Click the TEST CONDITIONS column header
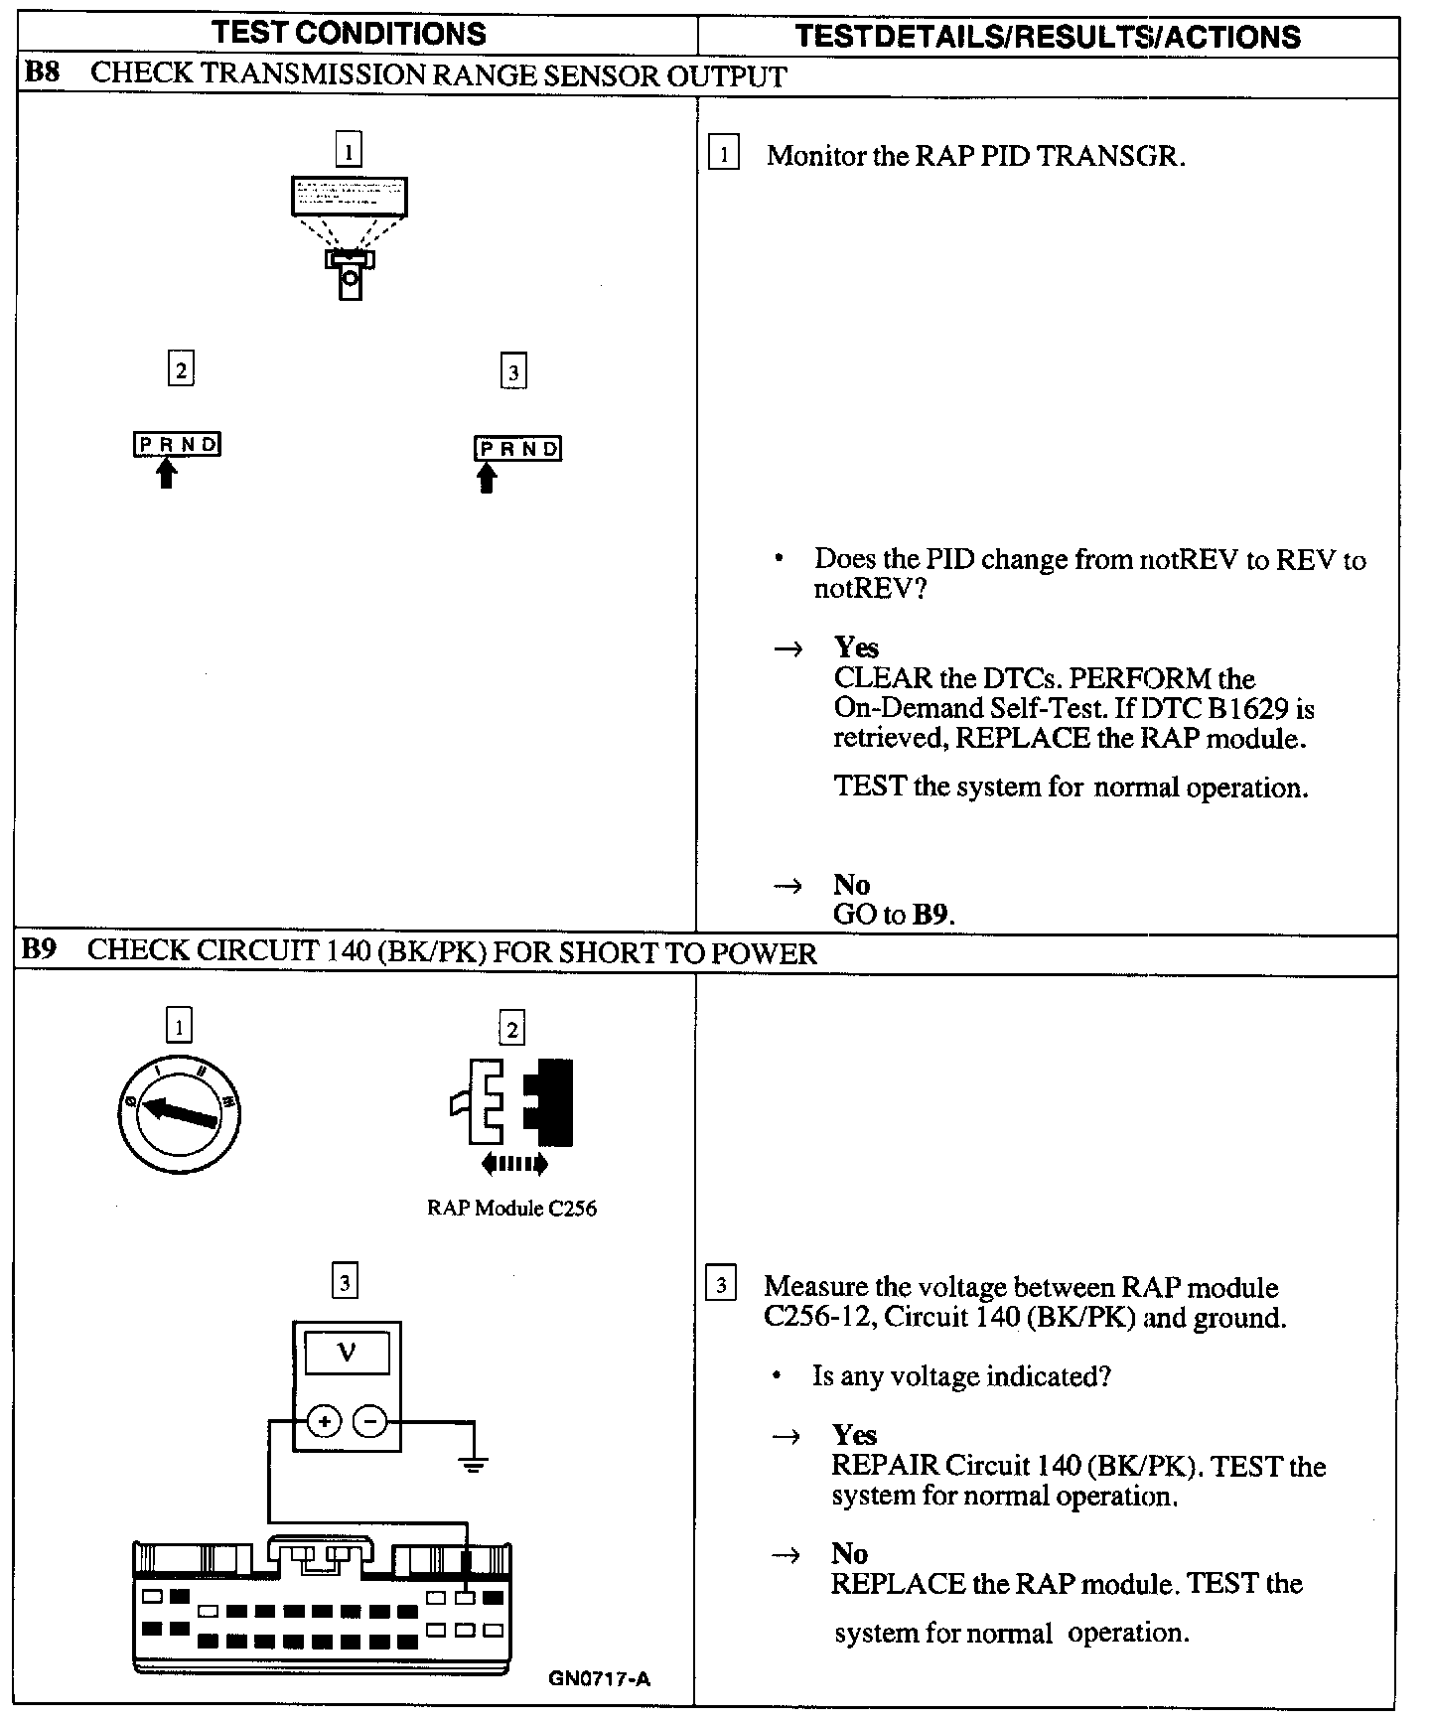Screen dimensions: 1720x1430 point(350,34)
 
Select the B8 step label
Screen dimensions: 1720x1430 point(41,74)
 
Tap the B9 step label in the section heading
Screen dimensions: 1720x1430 point(39,950)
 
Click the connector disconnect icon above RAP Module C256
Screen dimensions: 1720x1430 point(512,1104)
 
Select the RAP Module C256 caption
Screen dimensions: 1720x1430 point(511,1209)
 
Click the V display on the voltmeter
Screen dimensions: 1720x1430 point(347,1352)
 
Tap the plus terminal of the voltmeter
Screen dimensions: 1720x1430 point(324,1422)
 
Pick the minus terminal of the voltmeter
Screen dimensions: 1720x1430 point(369,1422)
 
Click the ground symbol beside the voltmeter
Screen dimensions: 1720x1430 point(475,1462)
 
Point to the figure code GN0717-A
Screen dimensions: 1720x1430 point(599,1679)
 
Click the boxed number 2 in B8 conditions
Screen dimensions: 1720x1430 point(180,369)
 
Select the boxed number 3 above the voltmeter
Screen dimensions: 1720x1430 point(345,1282)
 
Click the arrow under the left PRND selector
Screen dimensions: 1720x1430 point(167,474)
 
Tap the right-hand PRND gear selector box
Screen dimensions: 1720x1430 point(517,449)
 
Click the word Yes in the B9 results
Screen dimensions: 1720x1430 point(854,1435)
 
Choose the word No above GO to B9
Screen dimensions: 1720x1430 point(851,885)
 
